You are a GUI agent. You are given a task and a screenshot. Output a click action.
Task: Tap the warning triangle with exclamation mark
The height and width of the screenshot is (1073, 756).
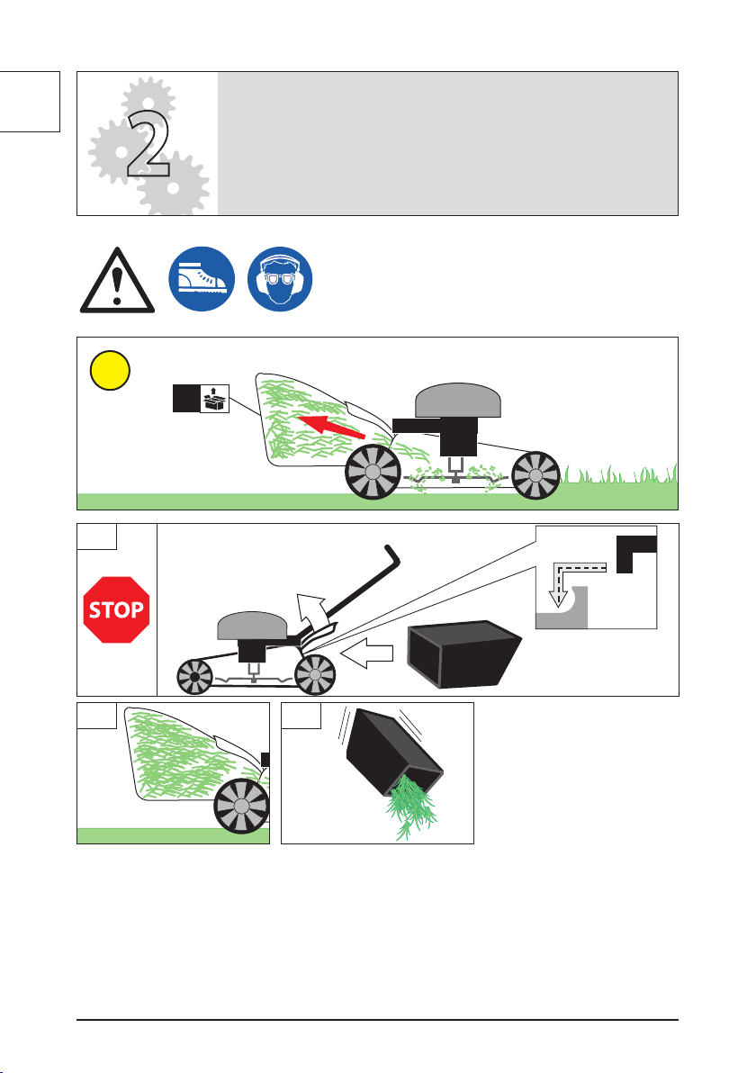pyautogui.click(x=117, y=281)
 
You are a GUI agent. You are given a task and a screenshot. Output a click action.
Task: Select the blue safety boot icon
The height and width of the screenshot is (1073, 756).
pyautogui.click(x=202, y=279)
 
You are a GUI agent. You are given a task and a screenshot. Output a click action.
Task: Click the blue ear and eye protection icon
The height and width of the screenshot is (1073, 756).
pyautogui.click(x=280, y=279)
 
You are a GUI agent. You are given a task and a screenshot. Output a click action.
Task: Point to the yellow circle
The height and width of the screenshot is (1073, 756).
pyautogui.click(x=110, y=370)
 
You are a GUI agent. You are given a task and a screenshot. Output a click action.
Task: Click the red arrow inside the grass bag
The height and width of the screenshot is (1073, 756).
pyautogui.click(x=331, y=427)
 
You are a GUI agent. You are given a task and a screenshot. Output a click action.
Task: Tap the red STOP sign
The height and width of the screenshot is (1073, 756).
pyautogui.click(x=116, y=609)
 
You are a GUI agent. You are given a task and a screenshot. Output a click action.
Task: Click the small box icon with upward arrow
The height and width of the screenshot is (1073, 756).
pyautogui.click(x=215, y=398)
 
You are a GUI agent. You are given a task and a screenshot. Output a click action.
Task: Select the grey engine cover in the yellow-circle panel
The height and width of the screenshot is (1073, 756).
pyautogui.click(x=458, y=401)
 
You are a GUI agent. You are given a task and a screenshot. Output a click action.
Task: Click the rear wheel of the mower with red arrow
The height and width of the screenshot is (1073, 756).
pyautogui.click(x=373, y=473)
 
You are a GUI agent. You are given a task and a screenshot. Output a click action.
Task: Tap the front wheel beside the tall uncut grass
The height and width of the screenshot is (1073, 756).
pyautogui.click(x=535, y=475)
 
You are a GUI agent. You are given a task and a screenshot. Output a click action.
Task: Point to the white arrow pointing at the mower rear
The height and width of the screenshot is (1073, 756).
pyautogui.click(x=366, y=654)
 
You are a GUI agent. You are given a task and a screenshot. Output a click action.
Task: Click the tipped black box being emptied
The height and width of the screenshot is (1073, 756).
pyautogui.click(x=390, y=752)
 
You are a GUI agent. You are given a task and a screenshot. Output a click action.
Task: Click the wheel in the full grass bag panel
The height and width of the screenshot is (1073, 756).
pyautogui.click(x=241, y=807)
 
